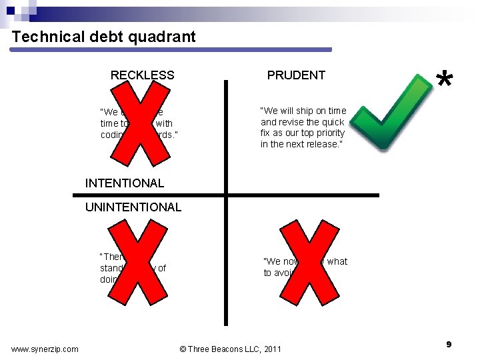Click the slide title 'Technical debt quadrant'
click(x=104, y=37)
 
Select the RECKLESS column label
click(x=142, y=75)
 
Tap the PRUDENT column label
click(x=296, y=75)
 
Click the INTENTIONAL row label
click(x=125, y=183)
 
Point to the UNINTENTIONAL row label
click(x=133, y=207)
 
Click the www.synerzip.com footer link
click(x=45, y=349)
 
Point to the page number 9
click(x=449, y=344)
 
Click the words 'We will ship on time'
click(x=303, y=111)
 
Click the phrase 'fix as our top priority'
click(x=303, y=133)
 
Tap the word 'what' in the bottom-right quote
click(x=337, y=261)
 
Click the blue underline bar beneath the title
click(x=172, y=49)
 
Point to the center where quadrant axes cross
click(x=226, y=195)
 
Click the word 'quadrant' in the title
click(x=165, y=37)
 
